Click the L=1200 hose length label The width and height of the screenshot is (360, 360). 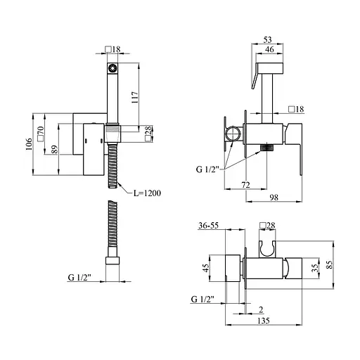coord(147,193)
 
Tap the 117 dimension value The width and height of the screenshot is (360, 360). coord(135,98)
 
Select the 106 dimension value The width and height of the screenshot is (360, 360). coord(29,144)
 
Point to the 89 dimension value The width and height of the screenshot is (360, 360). coord(54,150)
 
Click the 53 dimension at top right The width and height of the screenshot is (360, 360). coord(267,39)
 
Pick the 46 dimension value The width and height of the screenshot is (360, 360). coord(269,49)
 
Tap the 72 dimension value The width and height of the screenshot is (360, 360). coord(245,185)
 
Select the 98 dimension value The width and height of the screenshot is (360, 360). coord(274,198)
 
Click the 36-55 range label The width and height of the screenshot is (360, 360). coord(208,225)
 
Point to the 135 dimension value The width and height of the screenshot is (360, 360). coord(264,321)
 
